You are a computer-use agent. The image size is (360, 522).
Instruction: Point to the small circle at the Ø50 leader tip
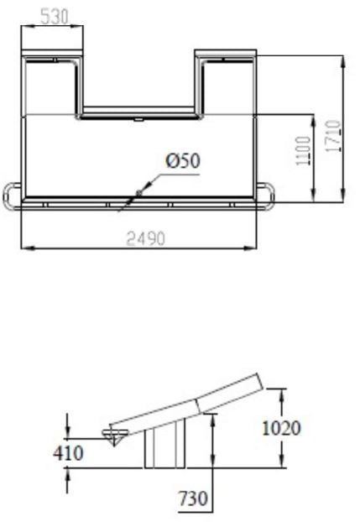tap(138, 192)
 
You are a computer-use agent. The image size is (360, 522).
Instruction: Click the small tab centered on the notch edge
tap(139, 120)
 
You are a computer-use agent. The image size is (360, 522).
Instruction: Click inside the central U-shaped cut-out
tap(138, 80)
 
